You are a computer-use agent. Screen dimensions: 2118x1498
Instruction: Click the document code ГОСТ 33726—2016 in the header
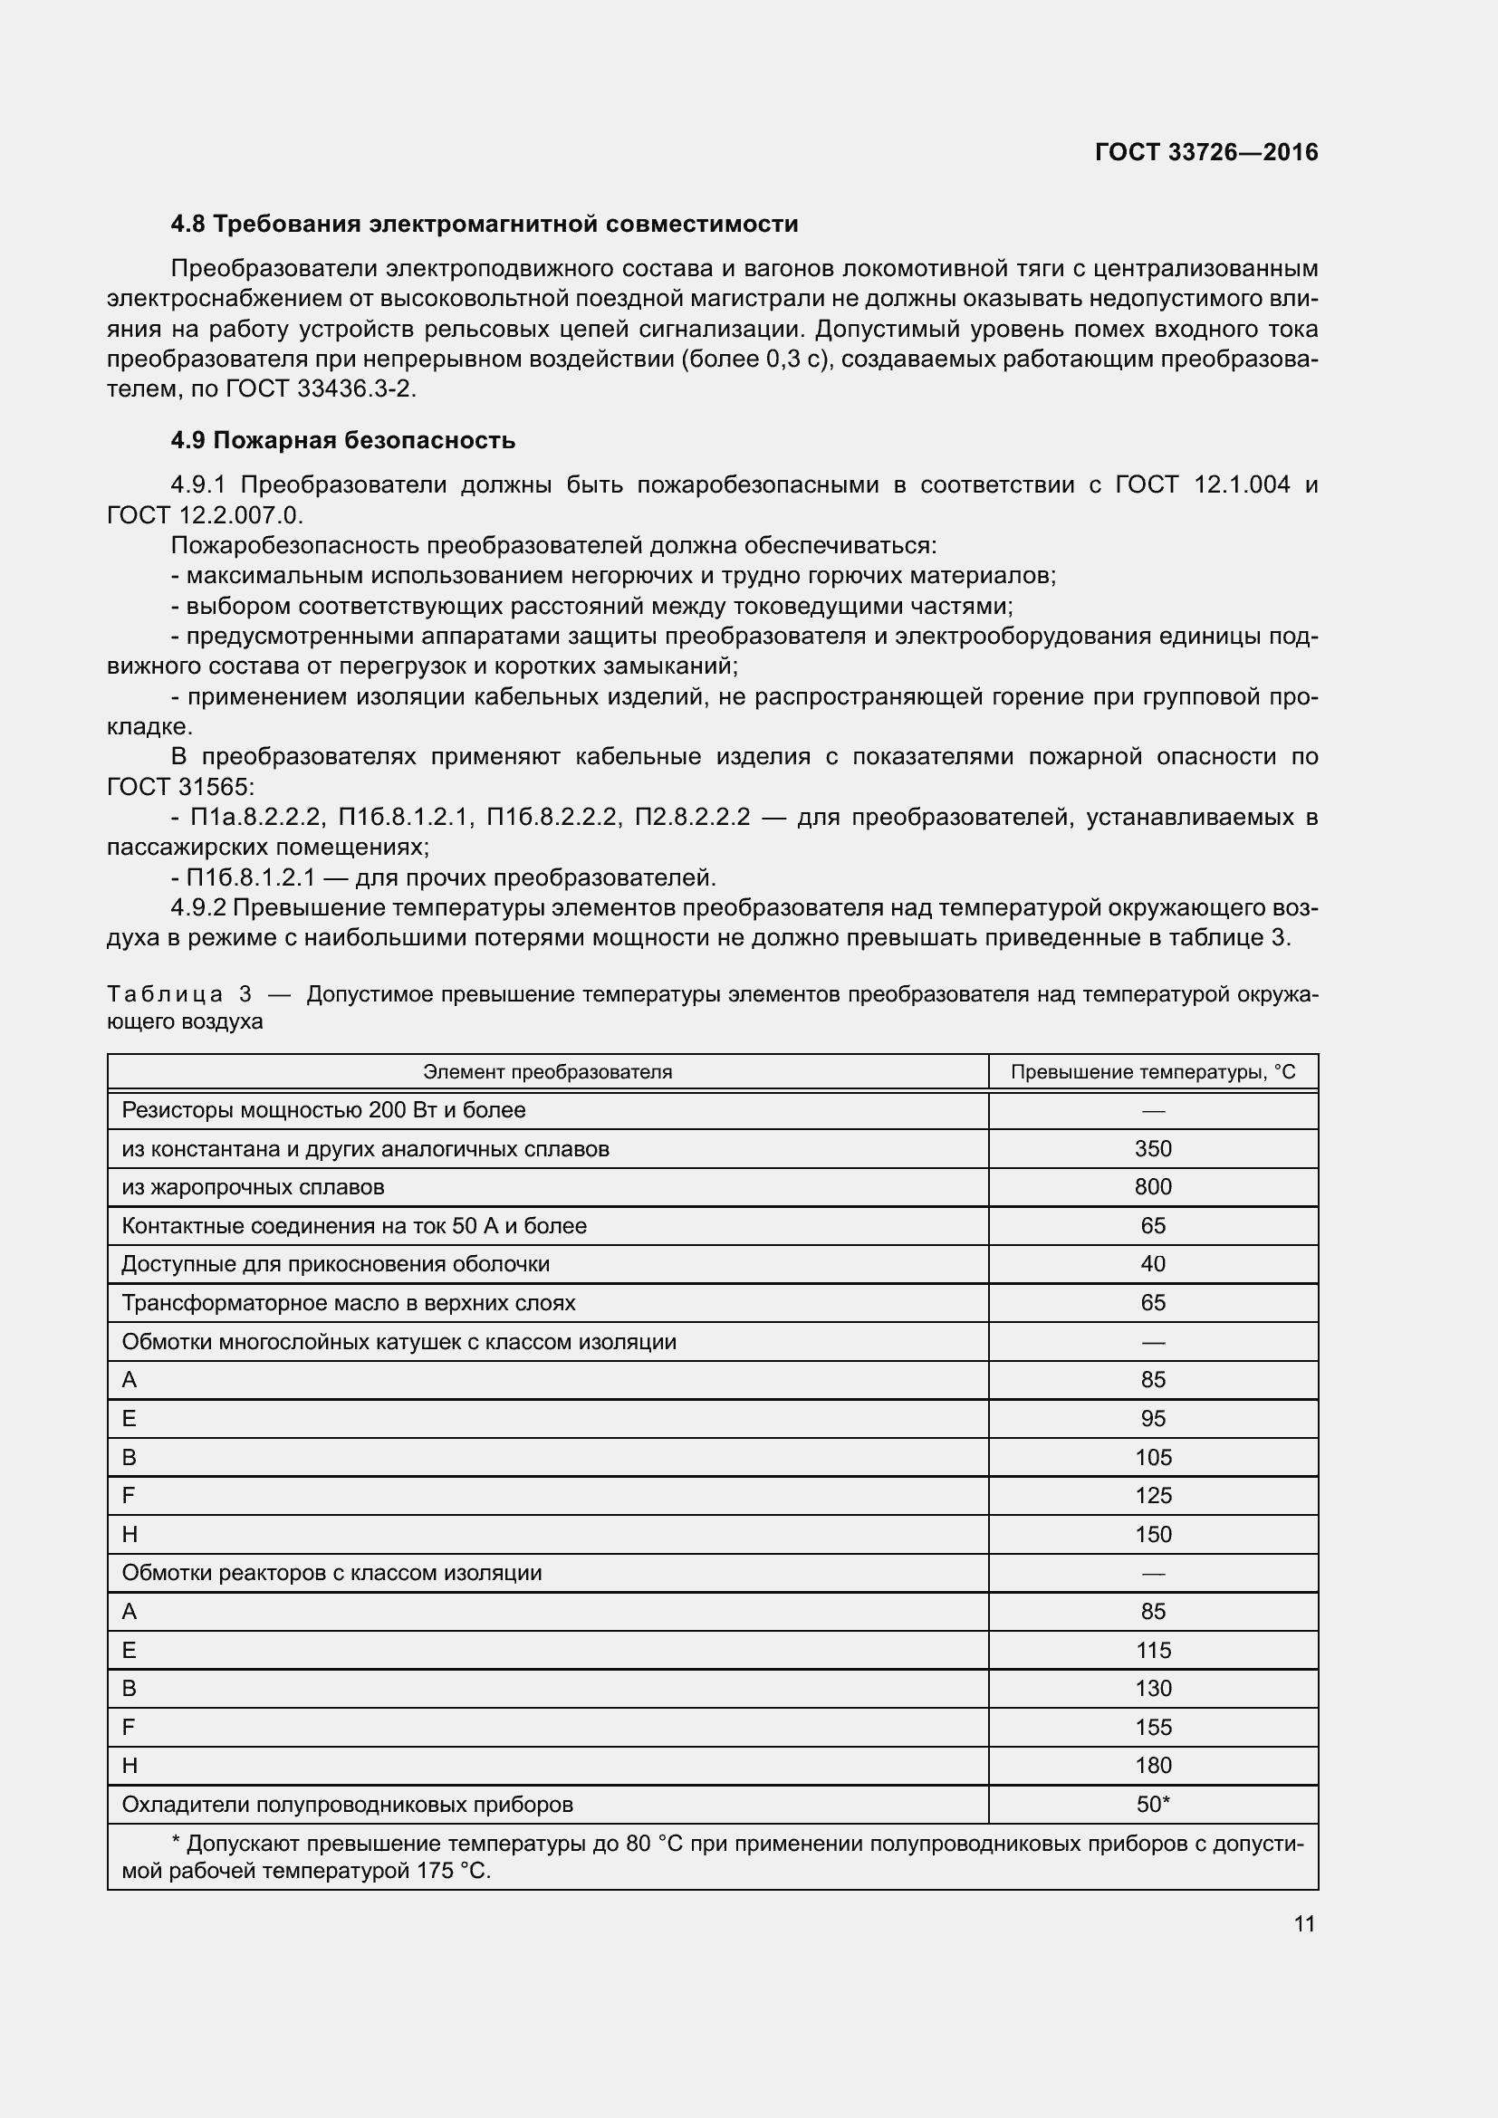(1205, 152)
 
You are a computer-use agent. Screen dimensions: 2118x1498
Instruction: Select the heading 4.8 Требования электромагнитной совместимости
(485, 225)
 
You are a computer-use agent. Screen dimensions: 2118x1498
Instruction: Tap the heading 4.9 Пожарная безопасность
(342, 440)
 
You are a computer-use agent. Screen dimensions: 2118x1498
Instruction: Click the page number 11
(1303, 1923)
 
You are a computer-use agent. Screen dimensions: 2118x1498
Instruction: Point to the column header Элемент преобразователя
(547, 1072)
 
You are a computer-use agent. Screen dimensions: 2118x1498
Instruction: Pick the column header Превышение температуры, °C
(1152, 1072)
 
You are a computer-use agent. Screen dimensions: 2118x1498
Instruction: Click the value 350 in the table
(1152, 1148)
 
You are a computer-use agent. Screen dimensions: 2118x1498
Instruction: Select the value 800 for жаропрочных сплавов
(1152, 1187)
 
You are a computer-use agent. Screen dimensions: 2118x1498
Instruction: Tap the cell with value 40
(1152, 1264)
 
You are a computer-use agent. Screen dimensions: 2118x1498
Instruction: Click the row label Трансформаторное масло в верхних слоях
(348, 1302)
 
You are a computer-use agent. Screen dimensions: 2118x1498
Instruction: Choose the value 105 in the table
(1152, 1458)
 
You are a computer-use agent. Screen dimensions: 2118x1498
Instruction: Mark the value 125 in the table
(1152, 1495)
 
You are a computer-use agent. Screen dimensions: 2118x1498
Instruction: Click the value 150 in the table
(1152, 1534)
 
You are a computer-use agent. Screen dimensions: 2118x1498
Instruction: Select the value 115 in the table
(1152, 1651)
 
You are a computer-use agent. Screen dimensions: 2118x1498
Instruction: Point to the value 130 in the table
(1152, 1688)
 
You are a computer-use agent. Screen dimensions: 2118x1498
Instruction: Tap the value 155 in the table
(1152, 1727)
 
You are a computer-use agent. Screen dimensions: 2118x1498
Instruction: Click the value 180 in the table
(1152, 1765)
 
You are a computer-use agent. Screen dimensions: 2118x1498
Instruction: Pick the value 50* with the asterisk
(1152, 1804)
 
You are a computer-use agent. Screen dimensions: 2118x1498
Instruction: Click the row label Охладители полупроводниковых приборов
(347, 1804)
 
